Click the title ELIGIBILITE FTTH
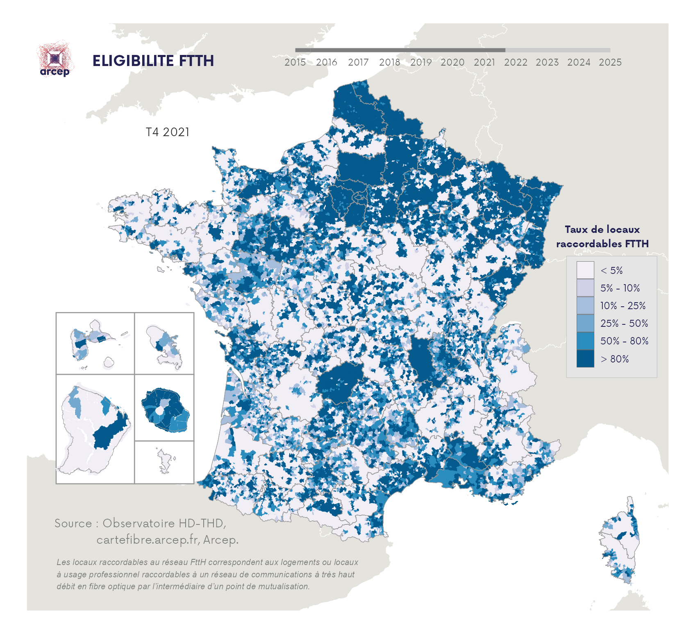pos(153,61)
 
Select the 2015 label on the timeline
pos(295,62)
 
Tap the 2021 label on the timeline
pos(484,62)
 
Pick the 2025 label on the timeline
pos(610,62)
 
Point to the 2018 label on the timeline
pos(389,62)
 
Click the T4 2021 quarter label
pos(168,132)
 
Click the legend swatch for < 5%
pos(585,270)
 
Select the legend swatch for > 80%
pos(585,358)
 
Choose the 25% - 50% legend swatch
pos(585,323)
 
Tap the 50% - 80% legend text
pos(624,341)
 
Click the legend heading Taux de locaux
pos(602,230)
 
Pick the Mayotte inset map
pos(165,461)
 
